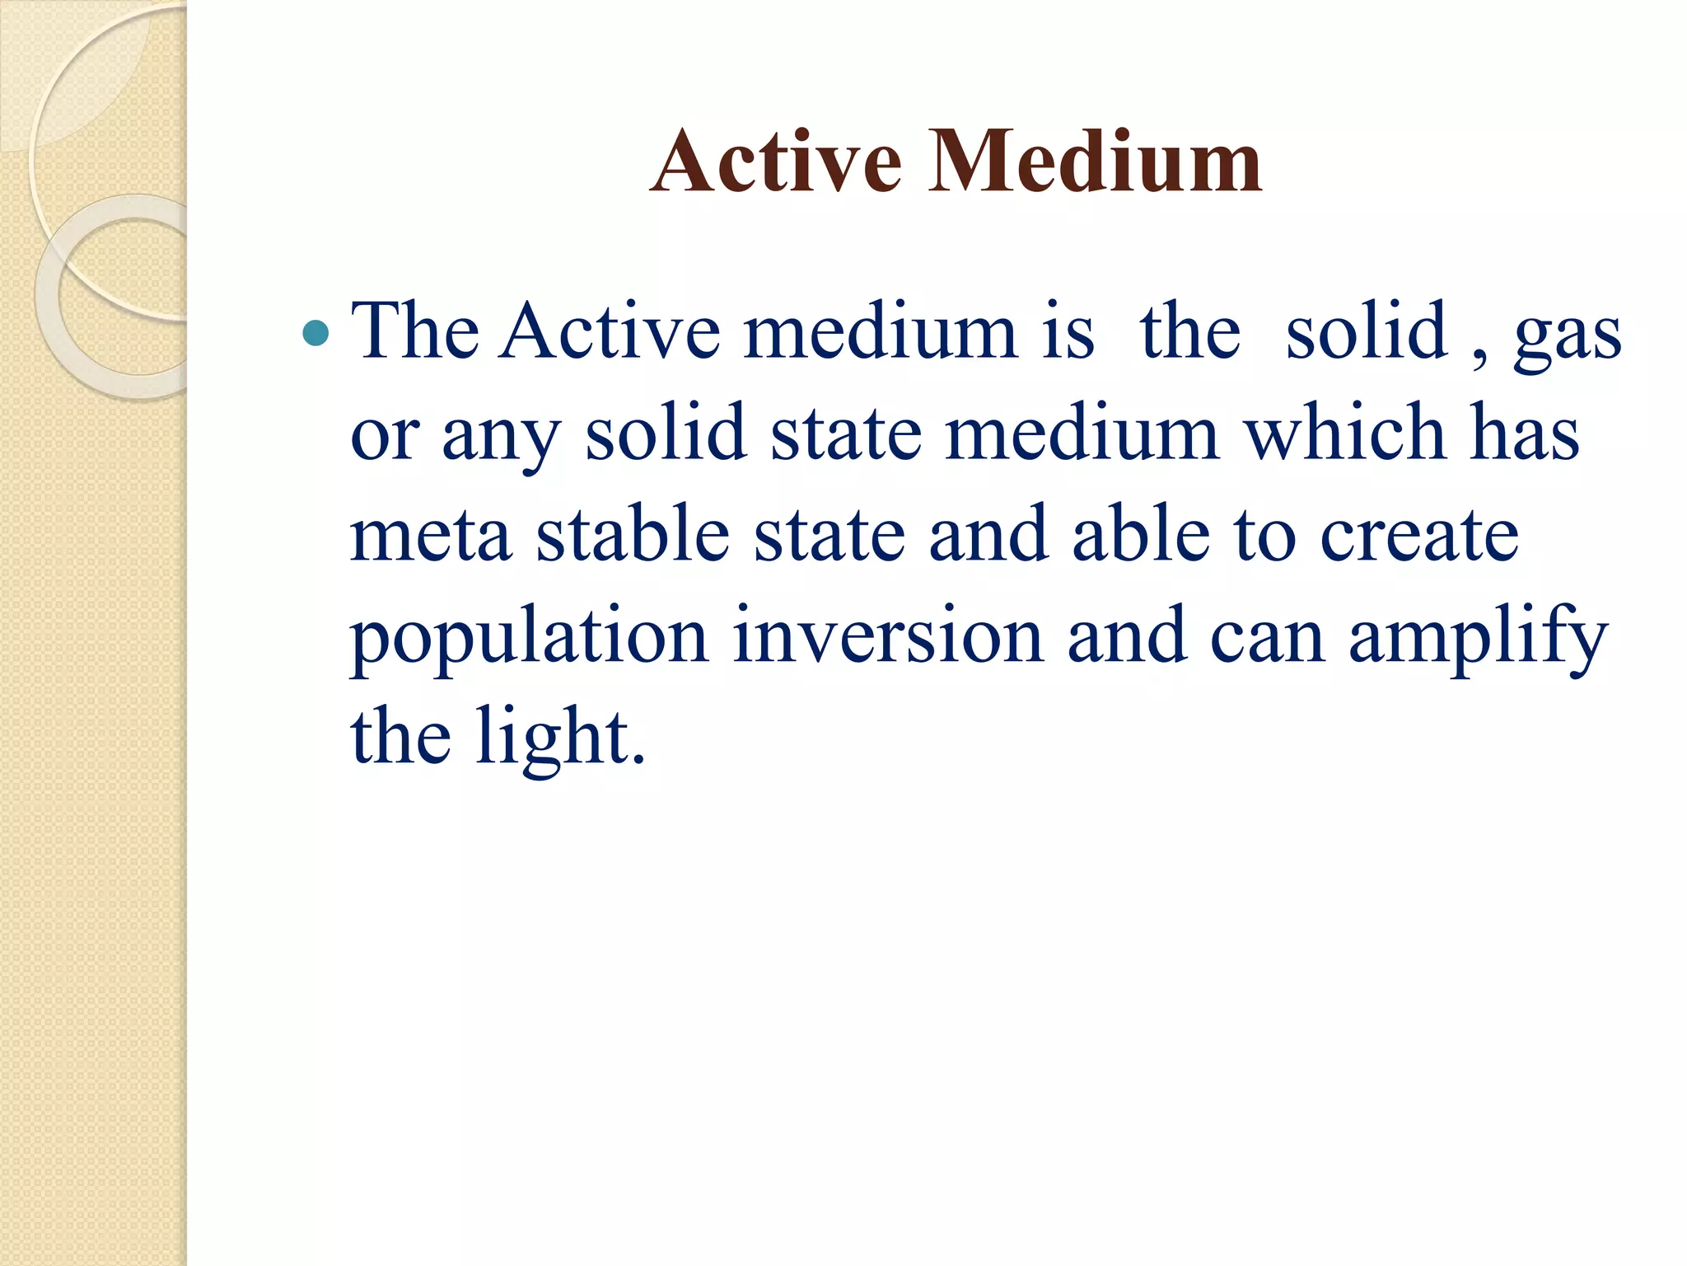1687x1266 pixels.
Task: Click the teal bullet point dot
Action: pyautogui.click(x=315, y=333)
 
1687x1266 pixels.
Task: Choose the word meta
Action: pyautogui.click(x=431, y=536)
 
